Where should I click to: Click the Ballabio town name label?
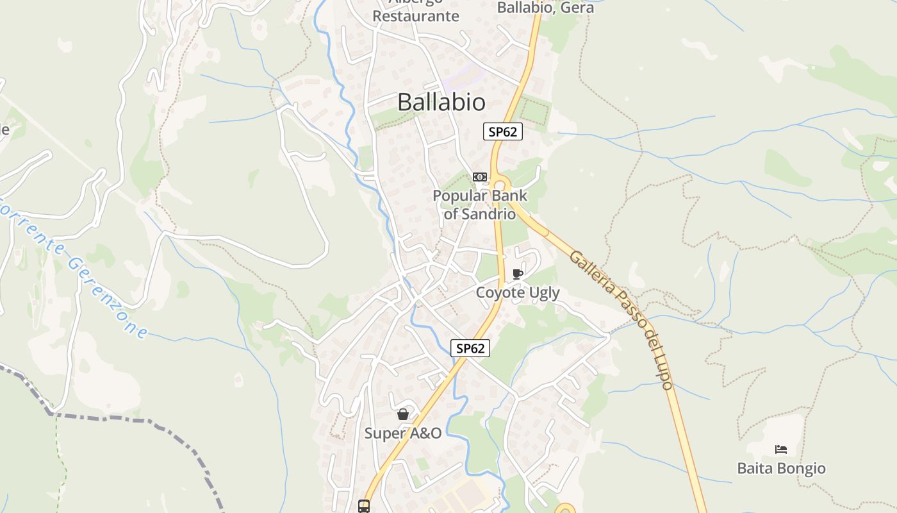[x=441, y=102]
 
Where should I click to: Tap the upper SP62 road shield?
[x=503, y=132]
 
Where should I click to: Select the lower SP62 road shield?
[x=470, y=348]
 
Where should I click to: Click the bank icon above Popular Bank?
[x=480, y=177]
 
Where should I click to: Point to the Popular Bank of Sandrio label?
[x=480, y=205]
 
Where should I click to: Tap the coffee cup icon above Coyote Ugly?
[x=518, y=274]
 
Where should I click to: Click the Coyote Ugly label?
[x=518, y=293]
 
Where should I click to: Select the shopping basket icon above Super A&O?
[x=403, y=414]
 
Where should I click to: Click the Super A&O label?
[x=403, y=433]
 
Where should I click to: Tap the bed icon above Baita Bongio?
[x=780, y=449]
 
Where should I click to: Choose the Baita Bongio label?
[x=782, y=468]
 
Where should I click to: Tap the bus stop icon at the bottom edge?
[x=364, y=507]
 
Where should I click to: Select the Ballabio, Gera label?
[x=545, y=8]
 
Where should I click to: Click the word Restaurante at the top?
[x=416, y=16]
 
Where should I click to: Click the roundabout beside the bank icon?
[x=500, y=183]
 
